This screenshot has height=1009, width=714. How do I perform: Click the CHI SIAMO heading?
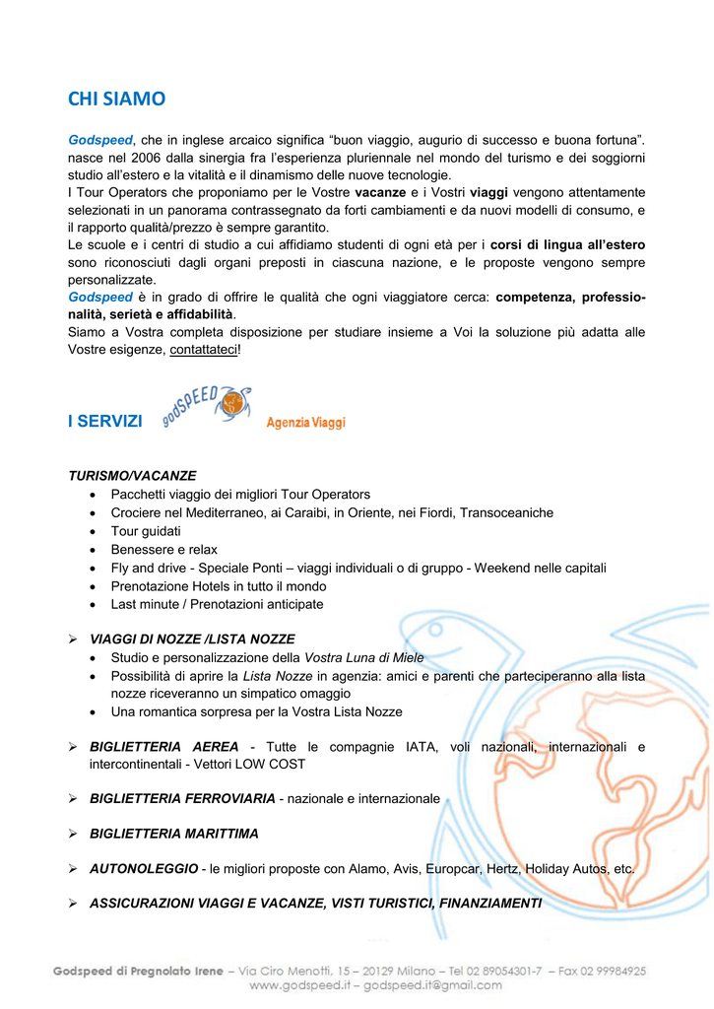(116, 99)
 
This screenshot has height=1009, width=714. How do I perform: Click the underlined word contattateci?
(204, 350)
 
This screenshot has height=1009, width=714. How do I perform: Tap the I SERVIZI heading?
(105, 421)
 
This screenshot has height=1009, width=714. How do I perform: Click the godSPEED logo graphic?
(208, 404)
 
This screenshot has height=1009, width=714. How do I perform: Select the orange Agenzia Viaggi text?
(305, 423)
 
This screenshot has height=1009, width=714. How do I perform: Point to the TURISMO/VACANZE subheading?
(132, 475)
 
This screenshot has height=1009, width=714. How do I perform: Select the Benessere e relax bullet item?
(164, 549)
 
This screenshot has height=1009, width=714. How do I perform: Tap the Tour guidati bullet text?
(146, 531)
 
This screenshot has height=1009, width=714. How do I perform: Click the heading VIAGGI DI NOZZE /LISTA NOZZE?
(192, 639)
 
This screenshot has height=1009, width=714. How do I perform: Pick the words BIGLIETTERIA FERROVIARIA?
(181, 798)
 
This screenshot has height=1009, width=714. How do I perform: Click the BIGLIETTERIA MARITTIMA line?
(173, 834)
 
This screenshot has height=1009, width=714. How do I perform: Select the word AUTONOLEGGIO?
(144, 869)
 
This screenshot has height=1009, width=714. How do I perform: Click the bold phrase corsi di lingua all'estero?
(568, 244)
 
